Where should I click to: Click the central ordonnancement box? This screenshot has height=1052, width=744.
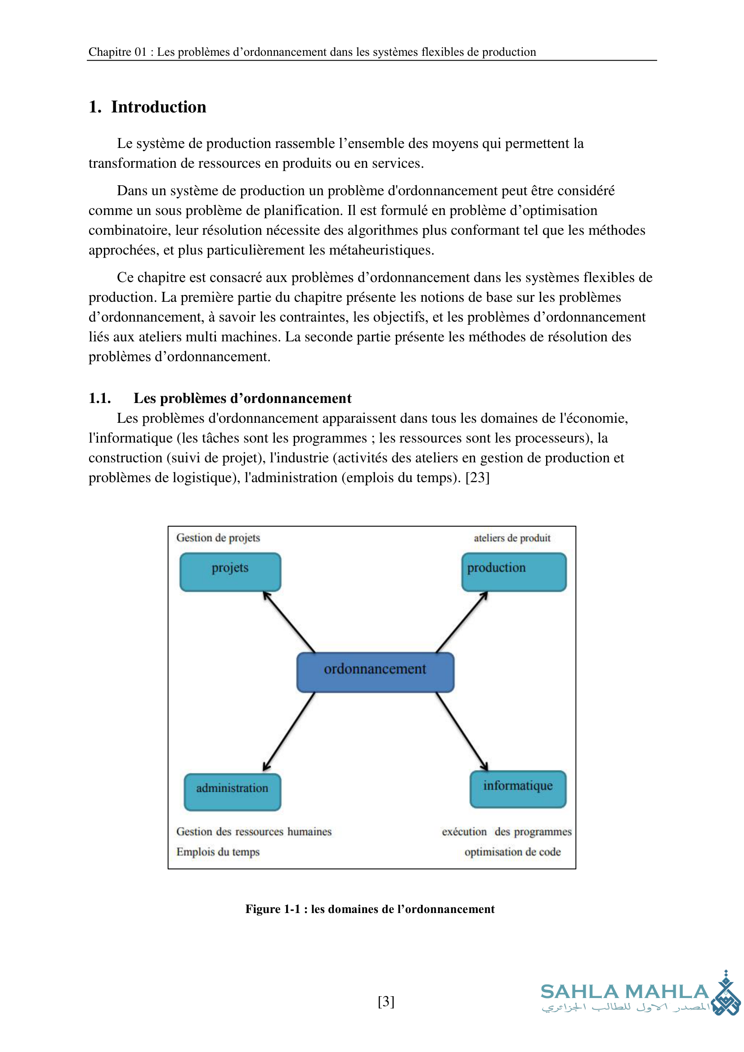pos(375,671)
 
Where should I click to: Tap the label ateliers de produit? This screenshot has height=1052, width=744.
pos(512,538)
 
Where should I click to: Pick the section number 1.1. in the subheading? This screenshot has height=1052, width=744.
pos(99,398)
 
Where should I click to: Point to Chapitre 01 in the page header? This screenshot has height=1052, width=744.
pos(117,52)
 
